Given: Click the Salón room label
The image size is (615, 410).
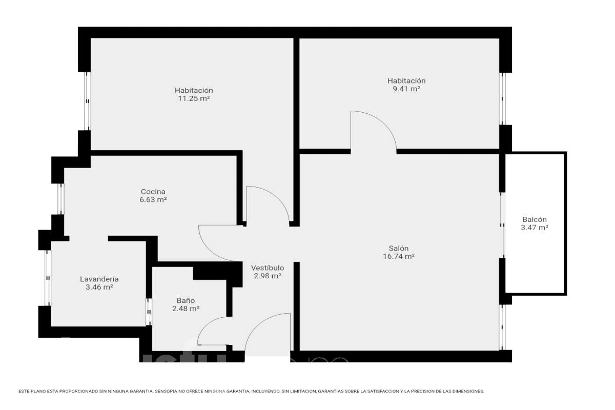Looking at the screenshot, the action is pyautogui.click(x=398, y=248).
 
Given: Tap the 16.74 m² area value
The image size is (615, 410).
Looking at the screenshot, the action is pyautogui.click(x=398, y=256).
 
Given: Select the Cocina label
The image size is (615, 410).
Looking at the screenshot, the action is pyautogui.click(x=153, y=192).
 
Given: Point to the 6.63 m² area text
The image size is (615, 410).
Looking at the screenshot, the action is pyautogui.click(x=153, y=200).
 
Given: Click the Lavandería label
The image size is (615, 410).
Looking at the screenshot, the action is pyautogui.click(x=99, y=279).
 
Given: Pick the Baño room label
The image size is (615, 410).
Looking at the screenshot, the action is pyautogui.click(x=186, y=301).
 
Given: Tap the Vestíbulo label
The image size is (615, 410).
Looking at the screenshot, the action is pyautogui.click(x=268, y=268).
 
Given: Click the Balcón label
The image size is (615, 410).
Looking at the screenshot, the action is pyautogui.click(x=534, y=220).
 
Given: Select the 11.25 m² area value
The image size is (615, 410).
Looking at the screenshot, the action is pyautogui.click(x=194, y=98).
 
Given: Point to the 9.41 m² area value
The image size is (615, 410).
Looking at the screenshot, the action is pyautogui.click(x=406, y=89).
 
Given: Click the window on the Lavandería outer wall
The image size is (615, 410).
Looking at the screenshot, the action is pyautogui.click(x=48, y=278).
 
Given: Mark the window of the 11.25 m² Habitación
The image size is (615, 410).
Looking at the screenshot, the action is pyautogui.click(x=87, y=101).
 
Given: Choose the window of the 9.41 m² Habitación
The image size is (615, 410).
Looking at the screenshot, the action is pyautogui.click(x=502, y=99).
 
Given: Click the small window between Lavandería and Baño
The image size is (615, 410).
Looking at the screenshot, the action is pyautogui.click(x=149, y=312).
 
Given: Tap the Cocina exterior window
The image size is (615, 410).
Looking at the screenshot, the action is pyautogui.click(x=60, y=199).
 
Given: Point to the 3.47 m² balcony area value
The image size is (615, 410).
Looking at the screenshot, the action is pyautogui.click(x=534, y=228).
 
